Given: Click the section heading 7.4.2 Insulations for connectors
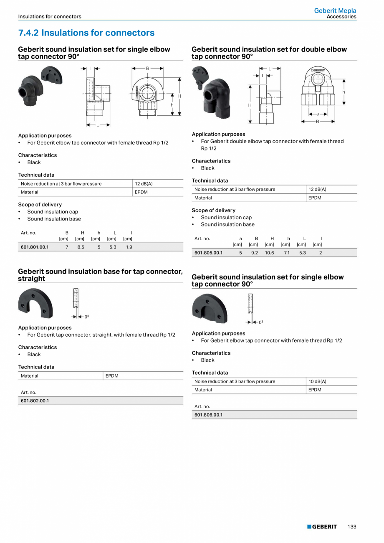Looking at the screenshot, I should point(86,33).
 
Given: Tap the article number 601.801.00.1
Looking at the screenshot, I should point(35,247).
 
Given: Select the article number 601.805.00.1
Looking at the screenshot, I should point(208,253).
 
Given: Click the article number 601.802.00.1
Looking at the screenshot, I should point(35,401).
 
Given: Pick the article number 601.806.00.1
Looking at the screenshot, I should point(208,415).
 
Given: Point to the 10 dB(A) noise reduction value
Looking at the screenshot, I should point(317,381).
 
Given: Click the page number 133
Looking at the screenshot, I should point(352,527).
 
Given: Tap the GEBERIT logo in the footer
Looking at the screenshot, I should point(322,527).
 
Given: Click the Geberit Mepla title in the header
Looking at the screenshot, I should point(335,11).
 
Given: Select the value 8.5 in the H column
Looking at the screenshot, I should point(81,247).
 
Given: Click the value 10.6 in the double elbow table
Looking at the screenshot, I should point(270,253).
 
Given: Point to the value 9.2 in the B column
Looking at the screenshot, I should point(255,253).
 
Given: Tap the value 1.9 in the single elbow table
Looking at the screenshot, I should point(129,247).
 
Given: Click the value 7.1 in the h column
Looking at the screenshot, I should point(287,253).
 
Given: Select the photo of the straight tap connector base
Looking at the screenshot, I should point(35,302).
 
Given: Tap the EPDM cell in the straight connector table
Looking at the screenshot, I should point(112,376).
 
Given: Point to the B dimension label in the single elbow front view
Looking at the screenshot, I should point(147,68).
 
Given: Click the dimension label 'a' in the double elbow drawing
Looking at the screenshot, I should point(318,114).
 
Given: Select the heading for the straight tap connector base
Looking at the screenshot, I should point(100,275).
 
